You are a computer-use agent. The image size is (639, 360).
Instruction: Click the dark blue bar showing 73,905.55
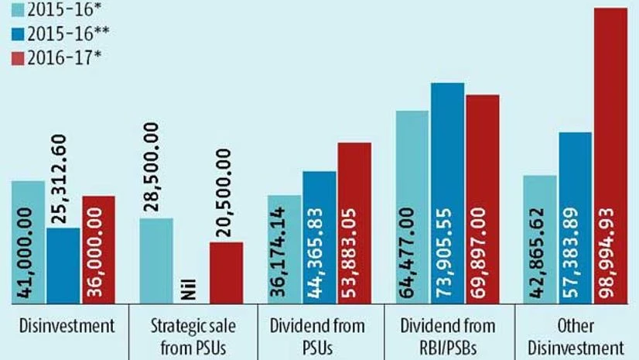447,193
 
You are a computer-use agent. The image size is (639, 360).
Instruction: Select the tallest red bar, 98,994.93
610,156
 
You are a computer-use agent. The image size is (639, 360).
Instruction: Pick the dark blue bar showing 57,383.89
575,218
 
